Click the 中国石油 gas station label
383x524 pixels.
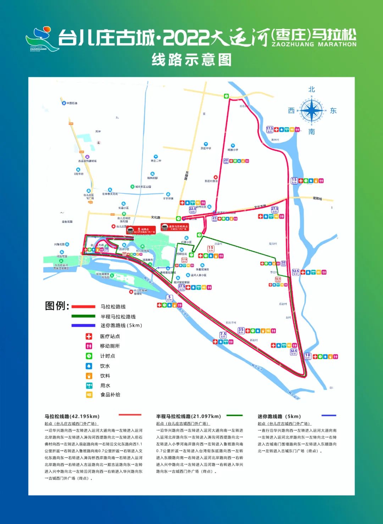[x=71, y=103]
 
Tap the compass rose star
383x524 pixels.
[x=311, y=111]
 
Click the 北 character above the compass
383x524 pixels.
[x=312, y=89]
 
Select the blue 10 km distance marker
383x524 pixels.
[x=307, y=356]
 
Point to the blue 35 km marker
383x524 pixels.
[x=241, y=330]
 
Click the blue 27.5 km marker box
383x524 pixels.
[x=274, y=210]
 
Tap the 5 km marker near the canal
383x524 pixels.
[x=169, y=298]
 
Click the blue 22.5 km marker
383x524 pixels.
[x=192, y=210]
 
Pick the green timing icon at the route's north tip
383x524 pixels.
[x=226, y=96]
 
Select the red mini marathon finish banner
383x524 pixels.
[x=174, y=227]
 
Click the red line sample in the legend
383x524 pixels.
[x=83, y=307]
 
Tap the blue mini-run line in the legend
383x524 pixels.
[x=83, y=325]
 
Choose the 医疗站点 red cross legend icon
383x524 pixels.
[x=89, y=336]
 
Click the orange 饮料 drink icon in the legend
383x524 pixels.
[x=89, y=376]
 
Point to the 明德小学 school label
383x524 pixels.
[x=233, y=149]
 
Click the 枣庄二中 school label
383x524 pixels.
[x=156, y=160]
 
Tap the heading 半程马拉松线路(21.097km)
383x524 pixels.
[x=188, y=416]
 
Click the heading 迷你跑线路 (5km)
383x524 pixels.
[x=279, y=416]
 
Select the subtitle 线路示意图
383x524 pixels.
[x=191, y=60]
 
